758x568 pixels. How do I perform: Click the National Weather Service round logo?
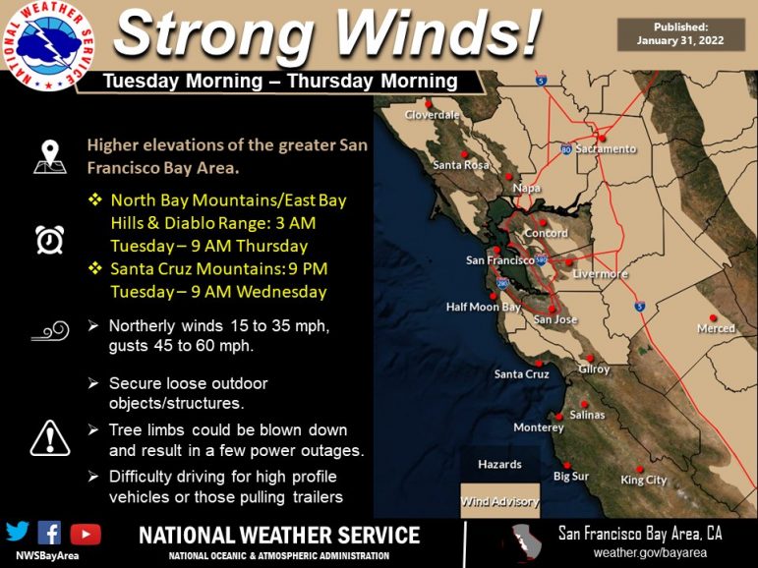pyautogui.click(x=48, y=45)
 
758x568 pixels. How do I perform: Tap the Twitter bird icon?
pyautogui.click(x=18, y=532)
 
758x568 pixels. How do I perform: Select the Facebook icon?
pyautogui.click(x=49, y=533)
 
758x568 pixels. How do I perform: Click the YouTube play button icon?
pyautogui.click(x=86, y=535)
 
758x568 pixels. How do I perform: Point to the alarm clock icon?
pyautogui.click(x=50, y=239)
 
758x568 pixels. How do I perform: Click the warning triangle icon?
pyautogui.click(x=50, y=438)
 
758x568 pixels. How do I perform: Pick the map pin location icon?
pyautogui.click(x=50, y=156)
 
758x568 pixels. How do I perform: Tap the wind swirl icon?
pyautogui.click(x=50, y=331)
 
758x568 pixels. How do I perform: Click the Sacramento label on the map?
pyautogui.click(x=606, y=149)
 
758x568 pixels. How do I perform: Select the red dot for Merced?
pyautogui.click(x=713, y=317)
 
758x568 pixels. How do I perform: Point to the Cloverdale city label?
pyautogui.click(x=432, y=115)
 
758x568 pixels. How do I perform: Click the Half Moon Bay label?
pyautogui.click(x=483, y=307)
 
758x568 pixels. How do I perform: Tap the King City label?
pyautogui.click(x=643, y=480)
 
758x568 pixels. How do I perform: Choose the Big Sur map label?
pyautogui.click(x=571, y=477)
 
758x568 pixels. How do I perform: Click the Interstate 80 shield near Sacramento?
pyautogui.click(x=566, y=149)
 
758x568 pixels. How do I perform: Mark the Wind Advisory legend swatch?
pyautogui.click(x=499, y=500)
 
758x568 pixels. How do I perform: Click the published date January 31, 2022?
pyautogui.click(x=680, y=40)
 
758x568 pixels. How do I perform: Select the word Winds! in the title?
pyautogui.click(x=437, y=31)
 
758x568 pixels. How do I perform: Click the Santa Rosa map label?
pyautogui.click(x=461, y=165)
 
